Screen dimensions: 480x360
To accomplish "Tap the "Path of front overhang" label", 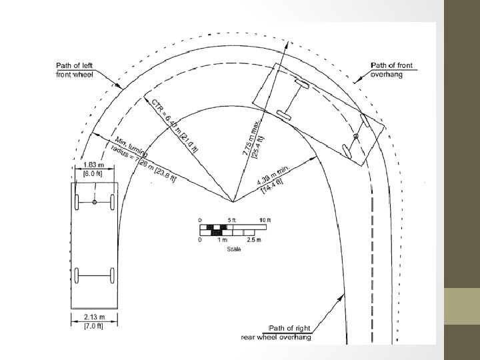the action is (391, 69).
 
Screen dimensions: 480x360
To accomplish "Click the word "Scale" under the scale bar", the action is (234, 249).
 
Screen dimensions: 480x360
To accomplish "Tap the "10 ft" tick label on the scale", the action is (265, 220).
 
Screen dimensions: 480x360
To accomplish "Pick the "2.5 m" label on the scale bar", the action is (254, 239).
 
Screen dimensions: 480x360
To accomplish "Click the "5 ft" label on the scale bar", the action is (232, 220).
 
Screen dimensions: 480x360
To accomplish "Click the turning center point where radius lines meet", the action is (233, 201).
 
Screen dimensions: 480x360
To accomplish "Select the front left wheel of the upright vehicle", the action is (77, 202).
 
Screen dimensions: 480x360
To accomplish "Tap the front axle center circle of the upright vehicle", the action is (95, 202).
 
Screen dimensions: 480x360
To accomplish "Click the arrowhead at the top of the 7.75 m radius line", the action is (289, 43).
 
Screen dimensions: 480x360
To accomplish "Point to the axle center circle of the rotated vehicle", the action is (356, 137).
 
